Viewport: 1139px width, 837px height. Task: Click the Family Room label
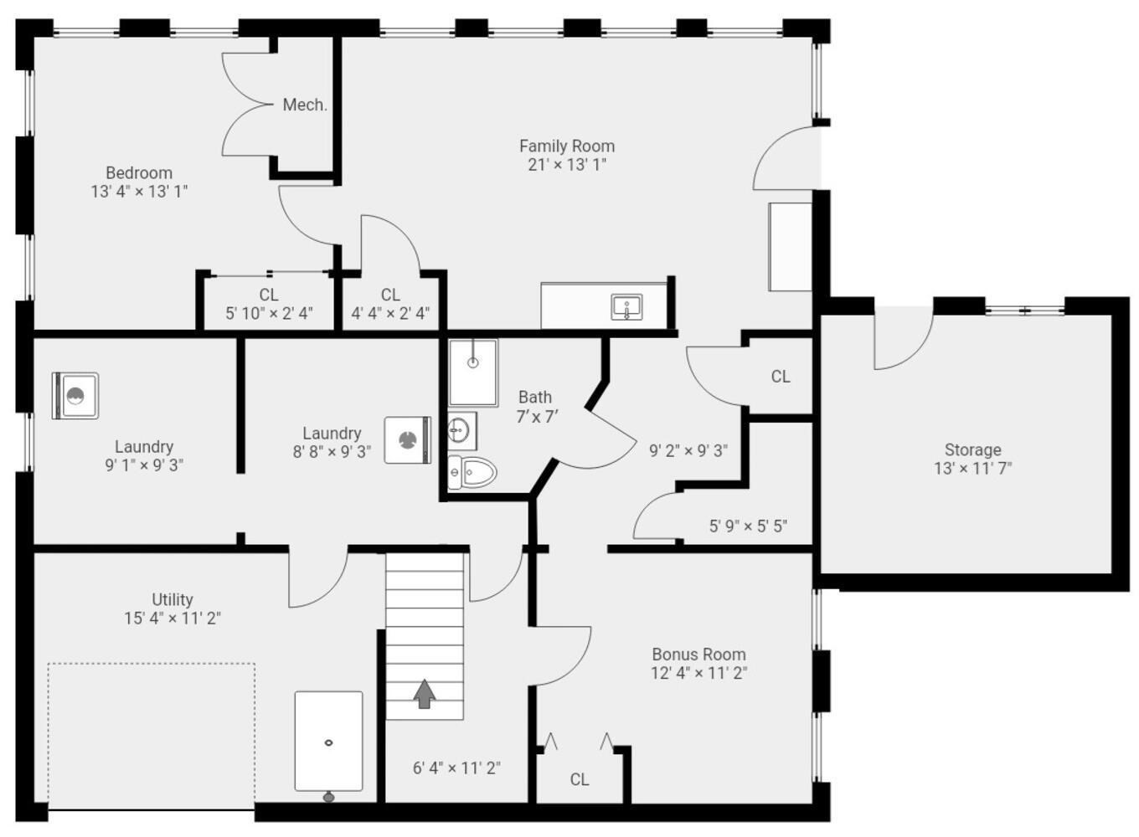click(x=566, y=146)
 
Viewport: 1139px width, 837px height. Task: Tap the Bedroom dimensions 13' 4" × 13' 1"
click(x=139, y=192)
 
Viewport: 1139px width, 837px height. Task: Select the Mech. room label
click(x=304, y=105)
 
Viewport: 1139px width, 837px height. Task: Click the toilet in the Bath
click(x=473, y=472)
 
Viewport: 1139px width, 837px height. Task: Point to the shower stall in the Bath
click(x=473, y=372)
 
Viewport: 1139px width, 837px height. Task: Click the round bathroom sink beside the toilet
click(x=459, y=431)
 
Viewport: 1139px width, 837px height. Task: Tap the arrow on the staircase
click(x=425, y=693)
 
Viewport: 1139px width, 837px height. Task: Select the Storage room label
click(x=972, y=449)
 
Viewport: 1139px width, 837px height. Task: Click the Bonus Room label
click(x=698, y=655)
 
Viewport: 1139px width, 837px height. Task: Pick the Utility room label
click(x=173, y=599)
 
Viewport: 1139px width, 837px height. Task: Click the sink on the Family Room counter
click(x=626, y=307)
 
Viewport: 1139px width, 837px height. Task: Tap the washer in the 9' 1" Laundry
click(x=75, y=396)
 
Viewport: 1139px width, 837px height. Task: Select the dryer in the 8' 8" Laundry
click(x=407, y=439)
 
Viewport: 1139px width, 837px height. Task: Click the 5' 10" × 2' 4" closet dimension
click(x=269, y=314)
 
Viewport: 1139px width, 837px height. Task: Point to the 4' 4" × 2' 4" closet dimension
click(x=390, y=314)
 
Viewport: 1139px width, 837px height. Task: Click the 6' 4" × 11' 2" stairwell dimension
click(x=456, y=768)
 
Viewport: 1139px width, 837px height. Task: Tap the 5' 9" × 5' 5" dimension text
click(x=748, y=526)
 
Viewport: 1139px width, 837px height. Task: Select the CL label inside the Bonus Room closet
click(x=579, y=779)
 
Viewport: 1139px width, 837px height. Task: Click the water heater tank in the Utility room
click(x=328, y=742)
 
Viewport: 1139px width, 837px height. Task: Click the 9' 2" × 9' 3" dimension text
click(x=688, y=450)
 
